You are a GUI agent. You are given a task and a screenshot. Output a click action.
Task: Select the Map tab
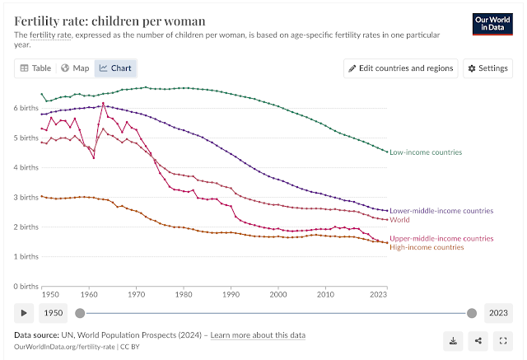coord(76,68)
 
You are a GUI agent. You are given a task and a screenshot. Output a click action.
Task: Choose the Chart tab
coord(115,68)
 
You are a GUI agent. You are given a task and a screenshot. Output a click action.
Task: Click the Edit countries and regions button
coord(401,68)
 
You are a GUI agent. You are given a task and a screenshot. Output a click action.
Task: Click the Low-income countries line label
coord(426,152)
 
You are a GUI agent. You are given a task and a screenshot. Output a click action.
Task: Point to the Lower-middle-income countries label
coord(441,211)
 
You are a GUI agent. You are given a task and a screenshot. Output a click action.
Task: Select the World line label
coord(400,220)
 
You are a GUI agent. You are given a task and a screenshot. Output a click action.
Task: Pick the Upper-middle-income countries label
coord(441,238)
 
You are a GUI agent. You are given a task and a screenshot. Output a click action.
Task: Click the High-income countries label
coord(427,247)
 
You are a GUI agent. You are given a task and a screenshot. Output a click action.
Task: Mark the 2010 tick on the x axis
coord(326,293)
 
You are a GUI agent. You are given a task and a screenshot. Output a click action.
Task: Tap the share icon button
coord(478,339)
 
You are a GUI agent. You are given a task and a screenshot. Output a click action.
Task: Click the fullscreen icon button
coord(502,339)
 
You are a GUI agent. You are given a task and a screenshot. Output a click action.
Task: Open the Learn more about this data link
coord(259,335)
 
